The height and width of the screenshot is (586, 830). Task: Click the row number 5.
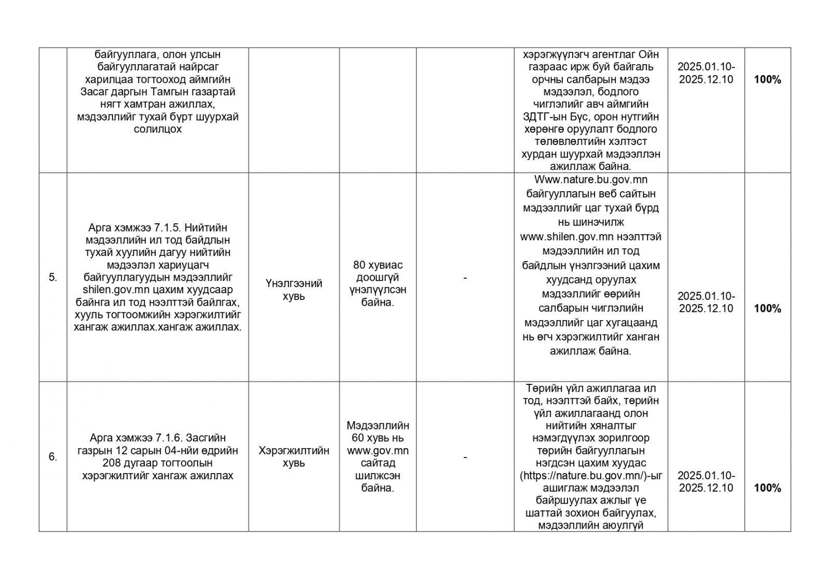52,277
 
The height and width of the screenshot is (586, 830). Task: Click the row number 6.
52,457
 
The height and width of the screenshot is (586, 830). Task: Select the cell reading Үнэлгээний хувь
294,290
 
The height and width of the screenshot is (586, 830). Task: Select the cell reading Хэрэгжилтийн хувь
294,457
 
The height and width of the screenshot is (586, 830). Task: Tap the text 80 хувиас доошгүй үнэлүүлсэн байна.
378,283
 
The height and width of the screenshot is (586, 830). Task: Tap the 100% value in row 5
767,309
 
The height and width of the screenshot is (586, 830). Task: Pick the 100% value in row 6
767,488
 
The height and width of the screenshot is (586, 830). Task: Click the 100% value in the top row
767,80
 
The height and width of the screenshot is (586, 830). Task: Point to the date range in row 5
706,303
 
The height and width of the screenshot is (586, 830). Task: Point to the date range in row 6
706,482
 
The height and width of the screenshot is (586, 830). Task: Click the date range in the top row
706,74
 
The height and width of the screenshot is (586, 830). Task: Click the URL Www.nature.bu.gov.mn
590,180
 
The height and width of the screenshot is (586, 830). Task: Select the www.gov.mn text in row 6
378,451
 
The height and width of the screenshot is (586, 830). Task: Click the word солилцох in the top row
158,130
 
